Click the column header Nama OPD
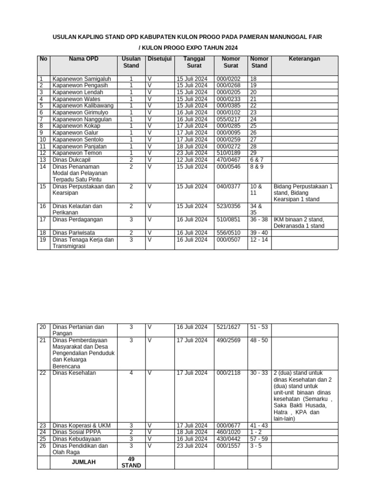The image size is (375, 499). (83, 59)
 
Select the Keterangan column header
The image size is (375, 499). (304, 59)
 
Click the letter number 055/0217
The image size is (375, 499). (229, 119)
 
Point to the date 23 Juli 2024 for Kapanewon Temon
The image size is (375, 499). (192, 153)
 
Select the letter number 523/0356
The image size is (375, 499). (229, 206)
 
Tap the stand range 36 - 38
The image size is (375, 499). (259, 219)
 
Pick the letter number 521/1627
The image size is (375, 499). (229, 327)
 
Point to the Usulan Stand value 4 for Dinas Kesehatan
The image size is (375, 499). (131, 373)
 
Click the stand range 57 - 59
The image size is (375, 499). (259, 439)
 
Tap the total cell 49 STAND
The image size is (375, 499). (131, 462)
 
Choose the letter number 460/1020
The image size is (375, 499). (229, 432)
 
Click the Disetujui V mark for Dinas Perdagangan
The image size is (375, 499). (150, 219)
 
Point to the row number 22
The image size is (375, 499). (42, 373)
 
